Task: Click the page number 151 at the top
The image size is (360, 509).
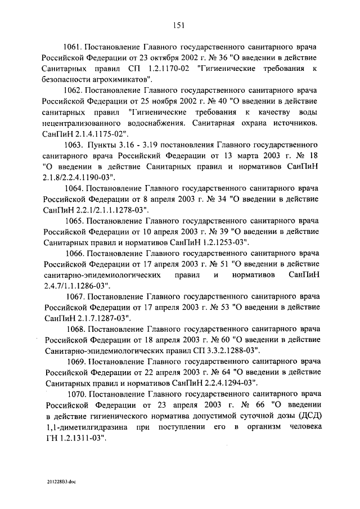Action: pos(179,24)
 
